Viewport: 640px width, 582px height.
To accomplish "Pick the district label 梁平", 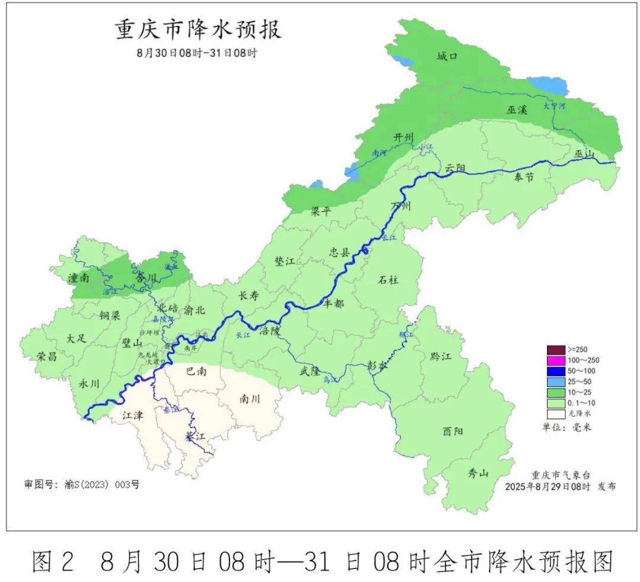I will (322, 212).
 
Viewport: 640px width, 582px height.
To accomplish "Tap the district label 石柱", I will (388, 280).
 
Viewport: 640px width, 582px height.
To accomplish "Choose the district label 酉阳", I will (453, 431).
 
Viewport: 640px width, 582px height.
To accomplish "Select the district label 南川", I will (250, 399).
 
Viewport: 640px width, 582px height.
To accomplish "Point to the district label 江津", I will (133, 415).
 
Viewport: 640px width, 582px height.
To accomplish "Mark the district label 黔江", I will (441, 356).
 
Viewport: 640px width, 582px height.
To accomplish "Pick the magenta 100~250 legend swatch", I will (556, 360).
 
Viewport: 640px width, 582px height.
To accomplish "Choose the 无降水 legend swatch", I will (556, 414).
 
